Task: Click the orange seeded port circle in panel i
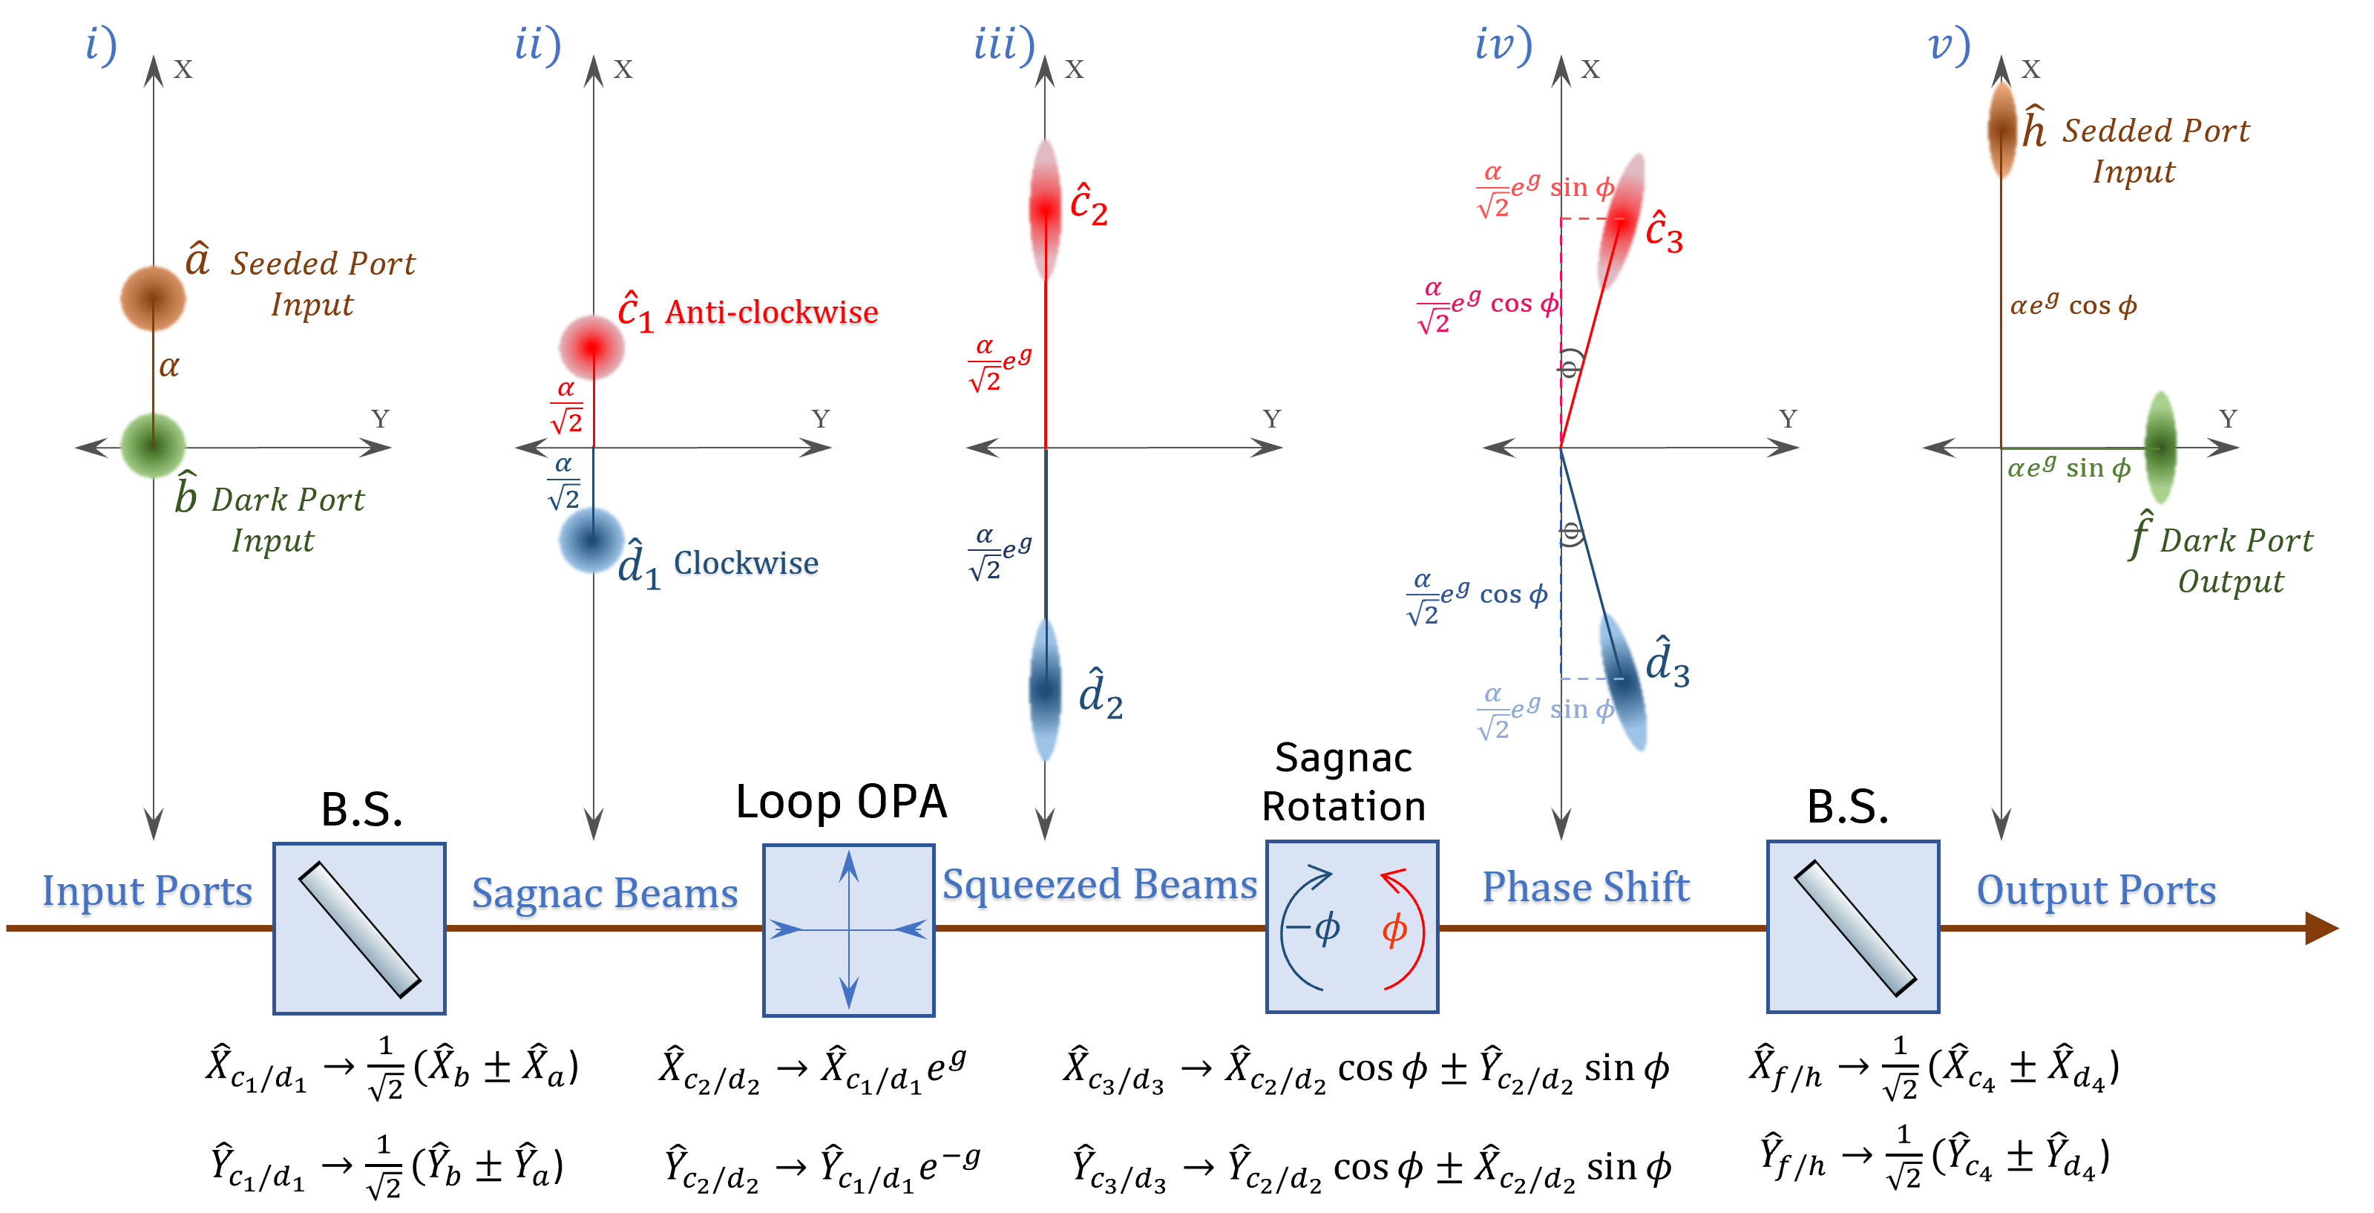click(153, 298)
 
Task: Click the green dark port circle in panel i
click(153, 445)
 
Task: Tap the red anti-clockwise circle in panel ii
click(591, 347)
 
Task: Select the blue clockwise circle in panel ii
click(591, 540)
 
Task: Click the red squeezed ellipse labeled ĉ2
click(1045, 210)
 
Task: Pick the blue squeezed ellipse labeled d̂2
click(1045, 690)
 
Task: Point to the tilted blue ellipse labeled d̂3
click(1623, 681)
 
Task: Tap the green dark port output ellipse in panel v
click(2160, 447)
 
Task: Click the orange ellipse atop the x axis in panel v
click(2001, 130)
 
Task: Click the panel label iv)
click(1502, 45)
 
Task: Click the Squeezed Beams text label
click(1098, 886)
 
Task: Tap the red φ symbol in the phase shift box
click(1394, 929)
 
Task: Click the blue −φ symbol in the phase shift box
click(1314, 927)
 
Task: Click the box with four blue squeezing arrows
click(849, 930)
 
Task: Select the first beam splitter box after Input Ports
click(359, 928)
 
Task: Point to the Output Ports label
click(2096, 892)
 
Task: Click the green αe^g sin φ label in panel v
click(2069, 468)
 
